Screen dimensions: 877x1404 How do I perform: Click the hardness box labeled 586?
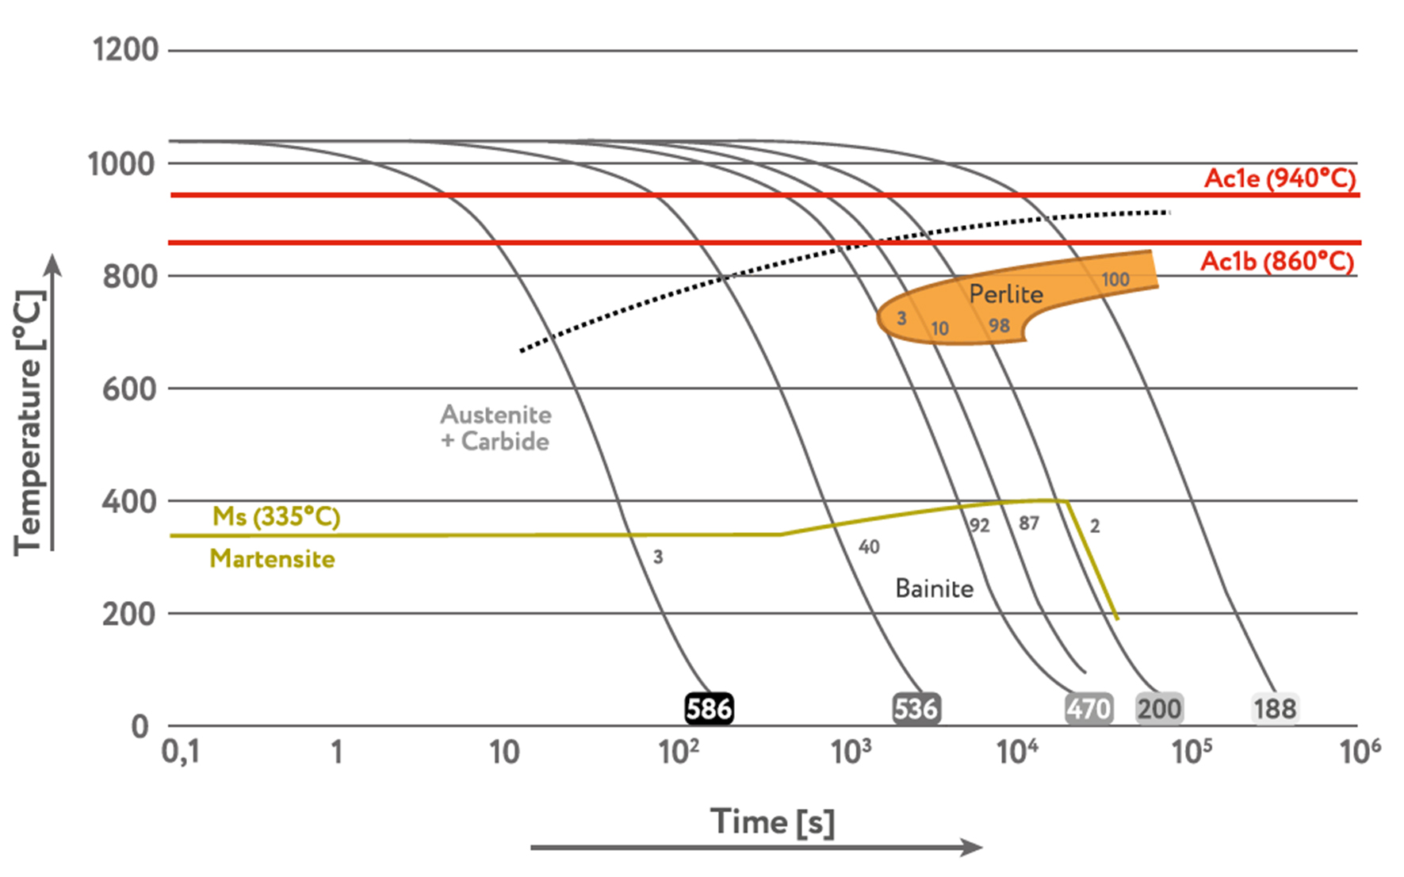tap(709, 708)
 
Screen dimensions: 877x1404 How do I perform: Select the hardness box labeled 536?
tap(916, 708)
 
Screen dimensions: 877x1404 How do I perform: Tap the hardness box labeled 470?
tap(1088, 708)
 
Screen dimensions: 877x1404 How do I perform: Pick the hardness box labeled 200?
tap(1159, 708)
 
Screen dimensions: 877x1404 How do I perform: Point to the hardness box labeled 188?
tap(1275, 708)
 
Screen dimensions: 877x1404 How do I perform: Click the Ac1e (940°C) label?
tap(1280, 178)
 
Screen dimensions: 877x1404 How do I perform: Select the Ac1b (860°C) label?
tap(1277, 261)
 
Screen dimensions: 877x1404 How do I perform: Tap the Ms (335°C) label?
tap(276, 517)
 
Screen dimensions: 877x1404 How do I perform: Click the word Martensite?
tap(272, 559)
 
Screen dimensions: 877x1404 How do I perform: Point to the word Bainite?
tap(934, 588)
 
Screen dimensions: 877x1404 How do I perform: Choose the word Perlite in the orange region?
tap(1005, 294)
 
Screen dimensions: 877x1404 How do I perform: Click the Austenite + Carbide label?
tap(495, 427)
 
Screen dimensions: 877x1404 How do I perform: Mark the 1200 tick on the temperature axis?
tap(125, 50)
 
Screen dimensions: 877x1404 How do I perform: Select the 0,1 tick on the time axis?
tap(180, 752)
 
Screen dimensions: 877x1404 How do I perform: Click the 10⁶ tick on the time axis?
tap(1360, 750)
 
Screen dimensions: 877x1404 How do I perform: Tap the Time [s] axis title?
tap(772, 822)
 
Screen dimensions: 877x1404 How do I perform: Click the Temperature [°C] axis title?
tap(29, 423)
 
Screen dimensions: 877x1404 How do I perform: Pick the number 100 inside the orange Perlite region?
tap(1115, 279)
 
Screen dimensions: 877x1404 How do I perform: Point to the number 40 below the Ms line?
tap(869, 546)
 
